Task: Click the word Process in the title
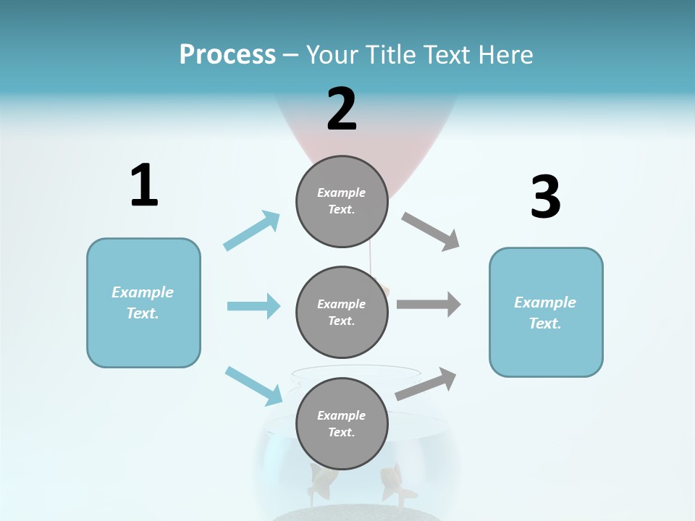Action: pos(227,54)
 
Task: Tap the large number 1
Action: pos(144,186)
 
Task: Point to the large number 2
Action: pos(342,109)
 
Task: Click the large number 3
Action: pos(545,198)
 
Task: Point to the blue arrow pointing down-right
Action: pos(253,385)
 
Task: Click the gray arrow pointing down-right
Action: pos(431,232)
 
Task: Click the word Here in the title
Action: pos(502,54)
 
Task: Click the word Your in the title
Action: pos(331,54)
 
